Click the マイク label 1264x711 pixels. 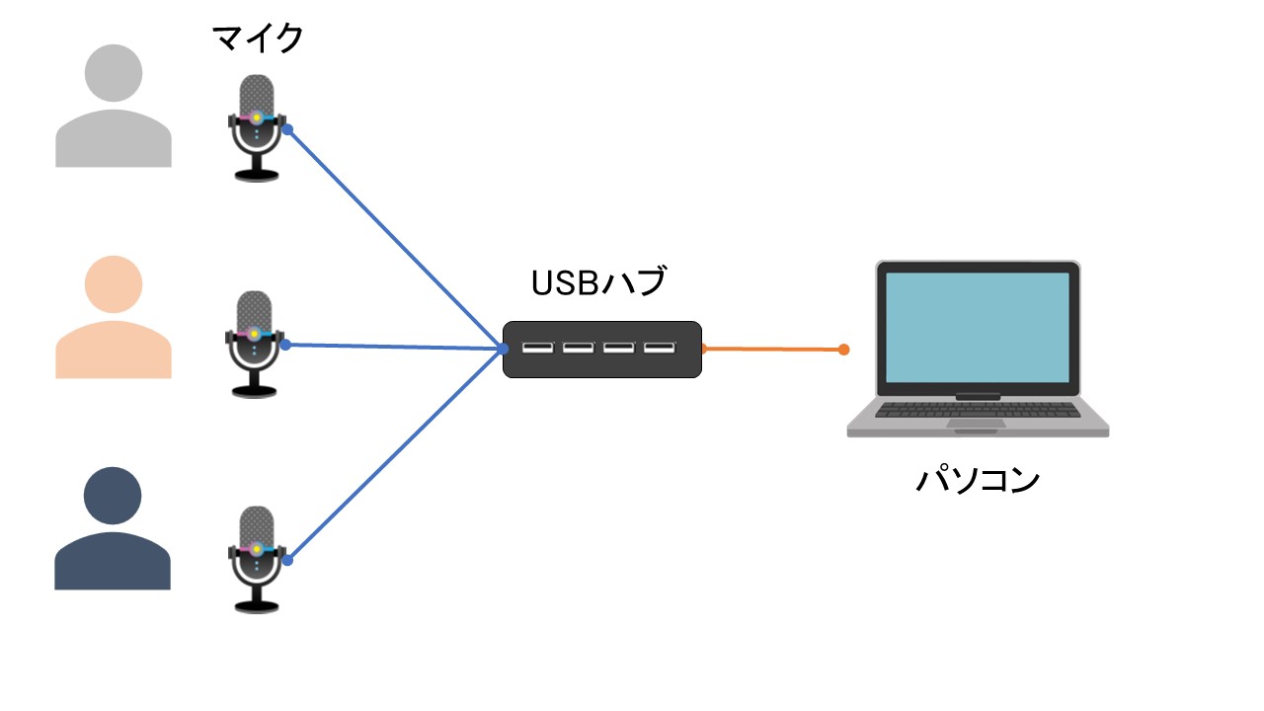(258, 40)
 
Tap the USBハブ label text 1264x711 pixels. (598, 283)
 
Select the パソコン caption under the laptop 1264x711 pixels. (978, 481)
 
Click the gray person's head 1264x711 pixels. (114, 73)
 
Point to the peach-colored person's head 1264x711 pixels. (114, 284)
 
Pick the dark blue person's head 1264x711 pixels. (114, 497)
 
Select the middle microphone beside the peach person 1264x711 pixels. (255, 343)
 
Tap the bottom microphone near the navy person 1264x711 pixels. (256, 558)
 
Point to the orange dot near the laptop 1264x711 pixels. (843, 350)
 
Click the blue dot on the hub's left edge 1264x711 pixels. (504, 349)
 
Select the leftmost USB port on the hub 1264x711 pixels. (538, 348)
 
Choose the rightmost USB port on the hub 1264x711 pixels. (660, 348)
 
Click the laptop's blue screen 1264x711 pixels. (978, 327)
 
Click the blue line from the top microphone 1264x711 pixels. (395, 238)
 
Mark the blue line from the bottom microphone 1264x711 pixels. (395, 454)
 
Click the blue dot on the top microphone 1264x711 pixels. (286, 129)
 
